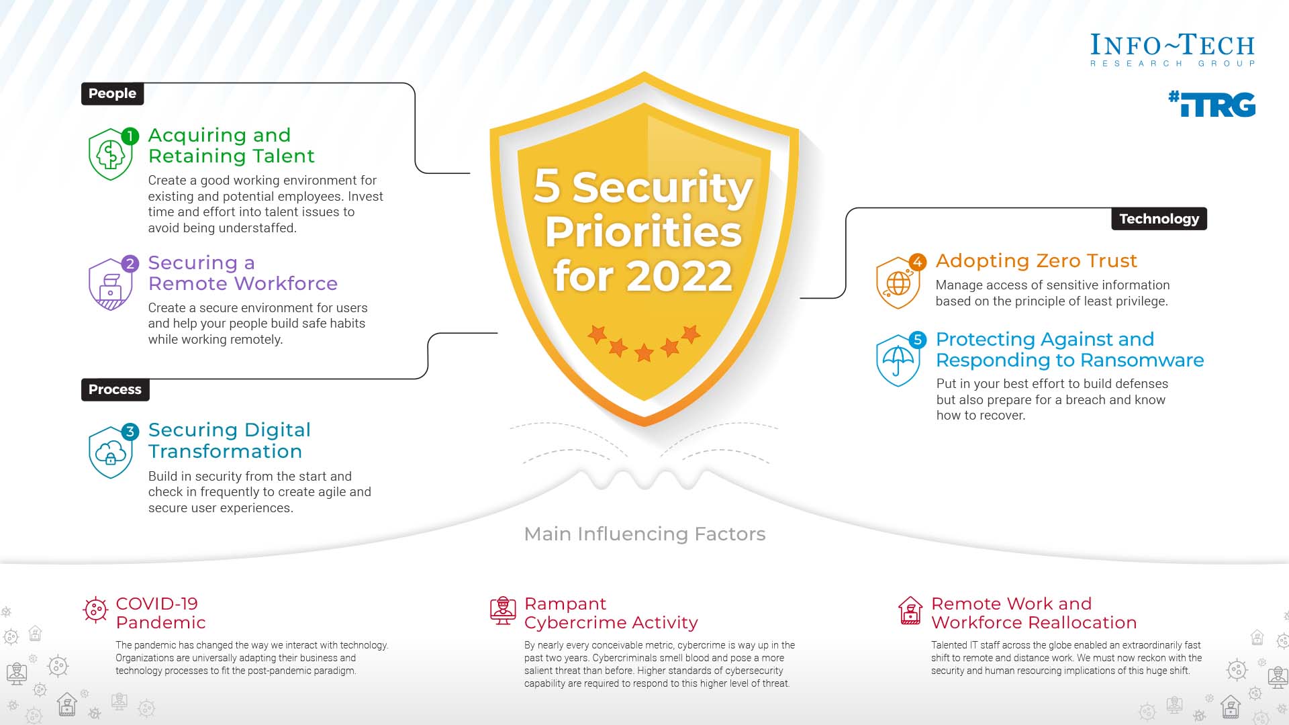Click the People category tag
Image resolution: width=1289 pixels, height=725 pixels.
[112, 93]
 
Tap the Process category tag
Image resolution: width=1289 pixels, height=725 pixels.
[115, 389]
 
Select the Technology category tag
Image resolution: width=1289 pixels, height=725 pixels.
[1159, 219]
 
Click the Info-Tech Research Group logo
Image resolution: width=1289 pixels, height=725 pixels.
[1172, 50]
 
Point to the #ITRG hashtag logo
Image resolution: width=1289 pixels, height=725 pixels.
[1212, 105]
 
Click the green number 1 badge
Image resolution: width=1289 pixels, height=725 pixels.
[130, 136]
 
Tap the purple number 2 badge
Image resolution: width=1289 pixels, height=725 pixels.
[130, 264]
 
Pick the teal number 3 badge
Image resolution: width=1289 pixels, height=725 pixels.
[130, 432]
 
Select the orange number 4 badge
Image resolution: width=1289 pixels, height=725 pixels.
[917, 262]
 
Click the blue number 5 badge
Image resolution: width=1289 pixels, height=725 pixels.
[917, 340]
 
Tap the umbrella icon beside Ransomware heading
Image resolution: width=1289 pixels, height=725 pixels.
[898, 360]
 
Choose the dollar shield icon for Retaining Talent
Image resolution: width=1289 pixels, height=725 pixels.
[110, 155]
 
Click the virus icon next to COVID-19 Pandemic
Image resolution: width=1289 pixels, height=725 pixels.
[95, 610]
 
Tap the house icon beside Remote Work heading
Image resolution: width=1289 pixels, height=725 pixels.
[910, 611]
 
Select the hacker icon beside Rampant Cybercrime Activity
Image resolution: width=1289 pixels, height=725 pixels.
[503, 611]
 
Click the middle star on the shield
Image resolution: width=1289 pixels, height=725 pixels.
[644, 352]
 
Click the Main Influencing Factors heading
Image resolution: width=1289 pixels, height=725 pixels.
[644, 534]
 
